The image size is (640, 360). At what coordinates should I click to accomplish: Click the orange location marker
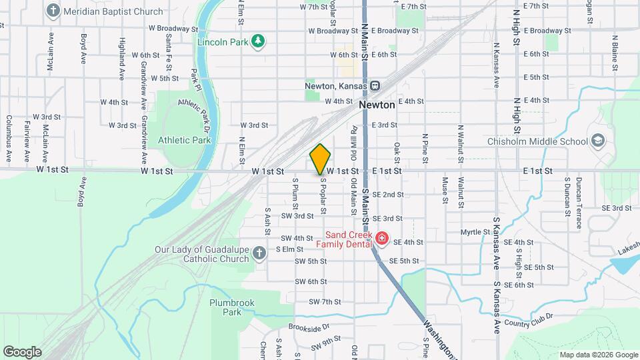click(x=321, y=159)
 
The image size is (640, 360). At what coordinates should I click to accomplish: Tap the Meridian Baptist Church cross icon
click(x=53, y=11)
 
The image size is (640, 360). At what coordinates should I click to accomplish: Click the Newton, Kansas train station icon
click(x=376, y=86)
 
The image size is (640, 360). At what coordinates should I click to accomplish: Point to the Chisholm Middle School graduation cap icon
click(x=598, y=141)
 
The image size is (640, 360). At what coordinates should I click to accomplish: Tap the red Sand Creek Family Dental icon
click(x=381, y=238)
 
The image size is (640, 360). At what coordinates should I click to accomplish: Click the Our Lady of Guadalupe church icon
click(x=262, y=251)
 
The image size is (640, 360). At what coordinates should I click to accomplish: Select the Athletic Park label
click(x=185, y=140)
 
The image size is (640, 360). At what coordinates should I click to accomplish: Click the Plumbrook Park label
click(x=232, y=307)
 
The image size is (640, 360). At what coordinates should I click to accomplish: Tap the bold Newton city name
click(x=377, y=105)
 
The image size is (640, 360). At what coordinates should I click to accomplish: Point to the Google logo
click(x=22, y=352)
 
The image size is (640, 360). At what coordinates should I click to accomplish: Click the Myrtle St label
click(x=475, y=232)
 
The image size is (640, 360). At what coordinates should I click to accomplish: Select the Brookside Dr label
click(x=309, y=327)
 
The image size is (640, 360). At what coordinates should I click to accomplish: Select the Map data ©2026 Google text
click(x=598, y=355)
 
